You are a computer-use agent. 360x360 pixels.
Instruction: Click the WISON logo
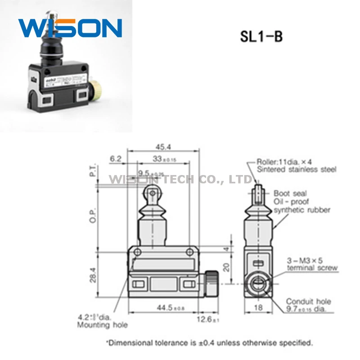[70, 28]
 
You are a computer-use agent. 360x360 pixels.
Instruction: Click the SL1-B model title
[261, 36]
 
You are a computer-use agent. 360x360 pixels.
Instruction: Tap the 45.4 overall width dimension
[162, 146]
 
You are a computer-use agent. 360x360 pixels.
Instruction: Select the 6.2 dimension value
[116, 158]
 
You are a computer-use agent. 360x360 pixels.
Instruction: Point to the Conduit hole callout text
[308, 306]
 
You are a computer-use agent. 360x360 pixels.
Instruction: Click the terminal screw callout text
[312, 264]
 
